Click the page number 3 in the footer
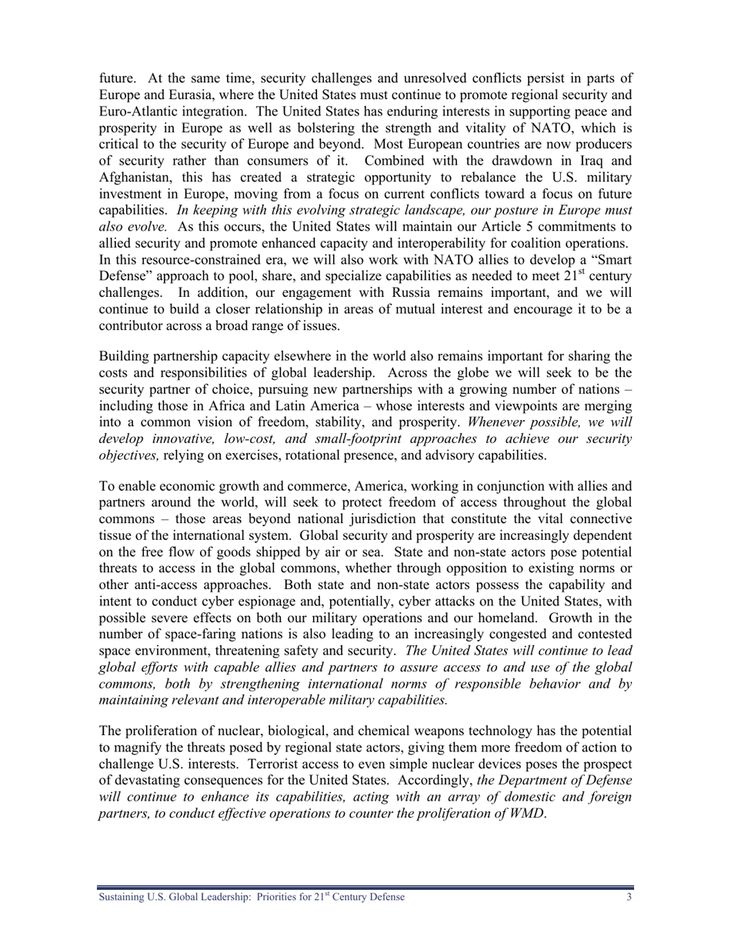pos(629,897)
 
